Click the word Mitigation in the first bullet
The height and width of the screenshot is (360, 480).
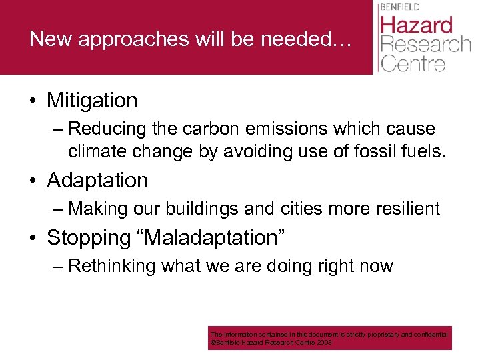[92, 101]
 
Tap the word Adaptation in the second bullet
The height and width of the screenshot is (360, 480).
[97, 181]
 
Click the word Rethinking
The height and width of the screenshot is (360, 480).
[112, 267]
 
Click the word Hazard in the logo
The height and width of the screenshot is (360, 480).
[416, 26]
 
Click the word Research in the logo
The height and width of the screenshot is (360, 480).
[425, 45]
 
